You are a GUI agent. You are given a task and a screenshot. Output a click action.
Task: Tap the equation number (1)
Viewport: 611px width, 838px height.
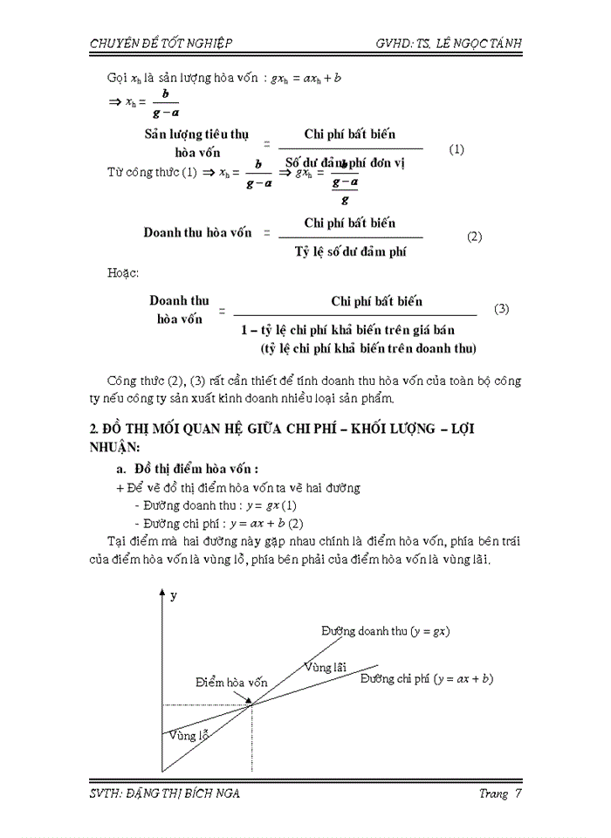pos(457,149)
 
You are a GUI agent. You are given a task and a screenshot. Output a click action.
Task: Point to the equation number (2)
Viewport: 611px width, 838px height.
pos(474,237)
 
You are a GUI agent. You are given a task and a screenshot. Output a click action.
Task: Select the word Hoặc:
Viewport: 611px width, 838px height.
pos(123,273)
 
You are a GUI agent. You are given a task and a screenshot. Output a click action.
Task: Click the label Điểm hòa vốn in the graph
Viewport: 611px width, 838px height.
pos(231,682)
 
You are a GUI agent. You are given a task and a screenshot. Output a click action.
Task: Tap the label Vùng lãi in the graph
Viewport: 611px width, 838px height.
pos(322,668)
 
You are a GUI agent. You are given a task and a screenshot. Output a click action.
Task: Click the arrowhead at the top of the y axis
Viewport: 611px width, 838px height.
pos(161,593)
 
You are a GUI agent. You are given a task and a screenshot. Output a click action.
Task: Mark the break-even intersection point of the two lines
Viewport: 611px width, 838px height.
pos(251,704)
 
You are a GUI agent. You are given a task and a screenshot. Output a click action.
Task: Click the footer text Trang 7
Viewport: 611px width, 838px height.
pos(500,793)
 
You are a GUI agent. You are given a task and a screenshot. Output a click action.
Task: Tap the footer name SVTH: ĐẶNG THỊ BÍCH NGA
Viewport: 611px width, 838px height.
pos(165,793)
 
